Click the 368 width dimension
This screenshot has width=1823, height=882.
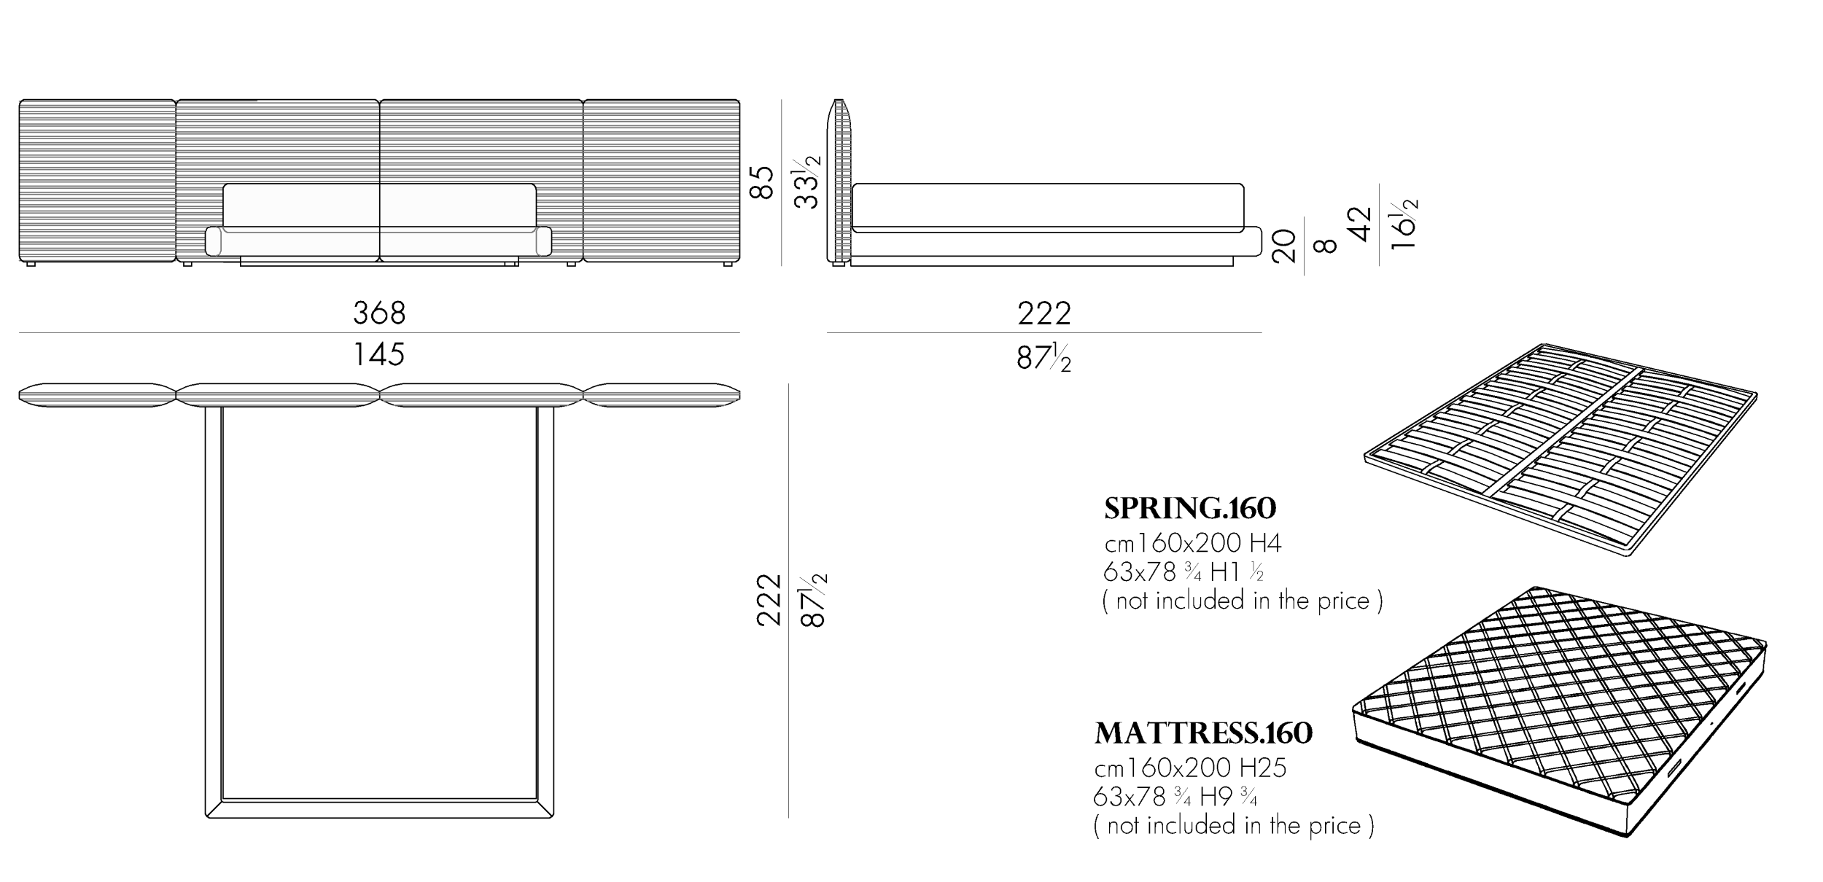(x=379, y=313)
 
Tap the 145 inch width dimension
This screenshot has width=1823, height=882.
(x=379, y=355)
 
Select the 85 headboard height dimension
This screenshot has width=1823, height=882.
(x=761, y=182)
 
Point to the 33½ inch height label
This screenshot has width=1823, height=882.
(x=806, y=181)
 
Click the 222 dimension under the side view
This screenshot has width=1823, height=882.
(x=1044, y=313)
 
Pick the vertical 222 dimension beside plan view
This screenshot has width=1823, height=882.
(x=769, y=600)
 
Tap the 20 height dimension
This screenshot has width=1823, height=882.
(x=1283, y=245)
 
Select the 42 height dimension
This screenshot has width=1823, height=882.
(x=1361, y=224)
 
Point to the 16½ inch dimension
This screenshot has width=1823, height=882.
(x=1404, y=224)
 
